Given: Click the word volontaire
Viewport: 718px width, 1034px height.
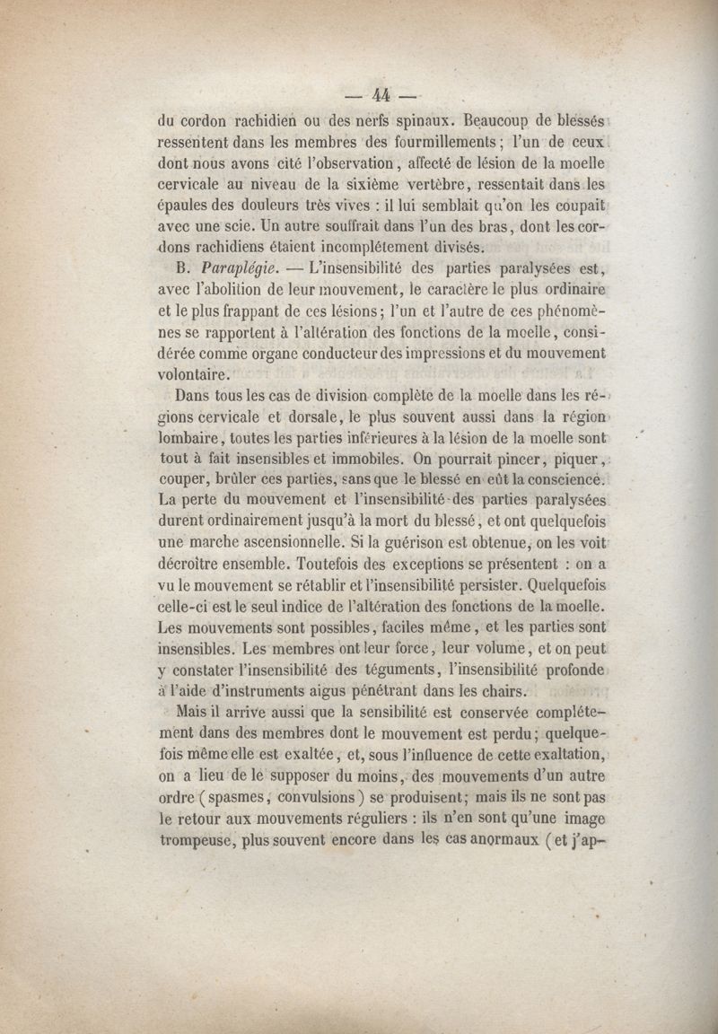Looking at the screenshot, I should click(193, 373).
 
